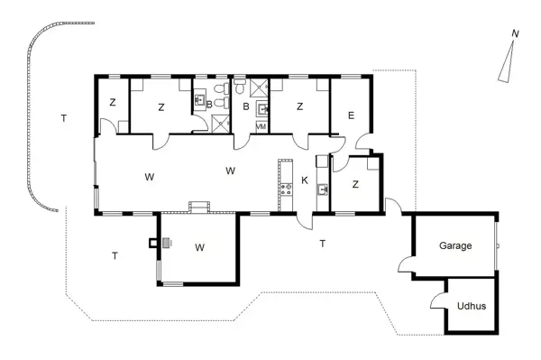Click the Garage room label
pyautogui.click(x=455, y=245)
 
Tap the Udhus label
pyautogui.click(x=472, y=306)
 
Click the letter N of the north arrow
pyautogui.click(x=515, y=33)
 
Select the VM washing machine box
pyautogui.click(x=261, y=126)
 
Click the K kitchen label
pyautogui.click(x=305, y=180)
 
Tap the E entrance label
pyautogui.click(x=352, y=115)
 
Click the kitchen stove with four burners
pyautogui.click(x=286, y=189)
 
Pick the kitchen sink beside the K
pyautogui.click(x=323, y=189)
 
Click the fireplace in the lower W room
pyautogui.click(x=167, y=243)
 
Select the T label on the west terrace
pyautogui.click(x=64, y=118)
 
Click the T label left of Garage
pyautogui.click(x=323, y=244)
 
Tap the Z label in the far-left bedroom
pyautogui.click(x=113, y=103)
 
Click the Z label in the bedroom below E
pyautogui.click(x=355, y=184)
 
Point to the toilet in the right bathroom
pyautogui.click(x=239, y=86)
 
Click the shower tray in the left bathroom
pyautogui.click(x=220, y=123)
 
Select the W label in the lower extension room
pyautogui.click(x=199, y=247)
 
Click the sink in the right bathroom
pyautogui.click(x=262, y=109)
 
